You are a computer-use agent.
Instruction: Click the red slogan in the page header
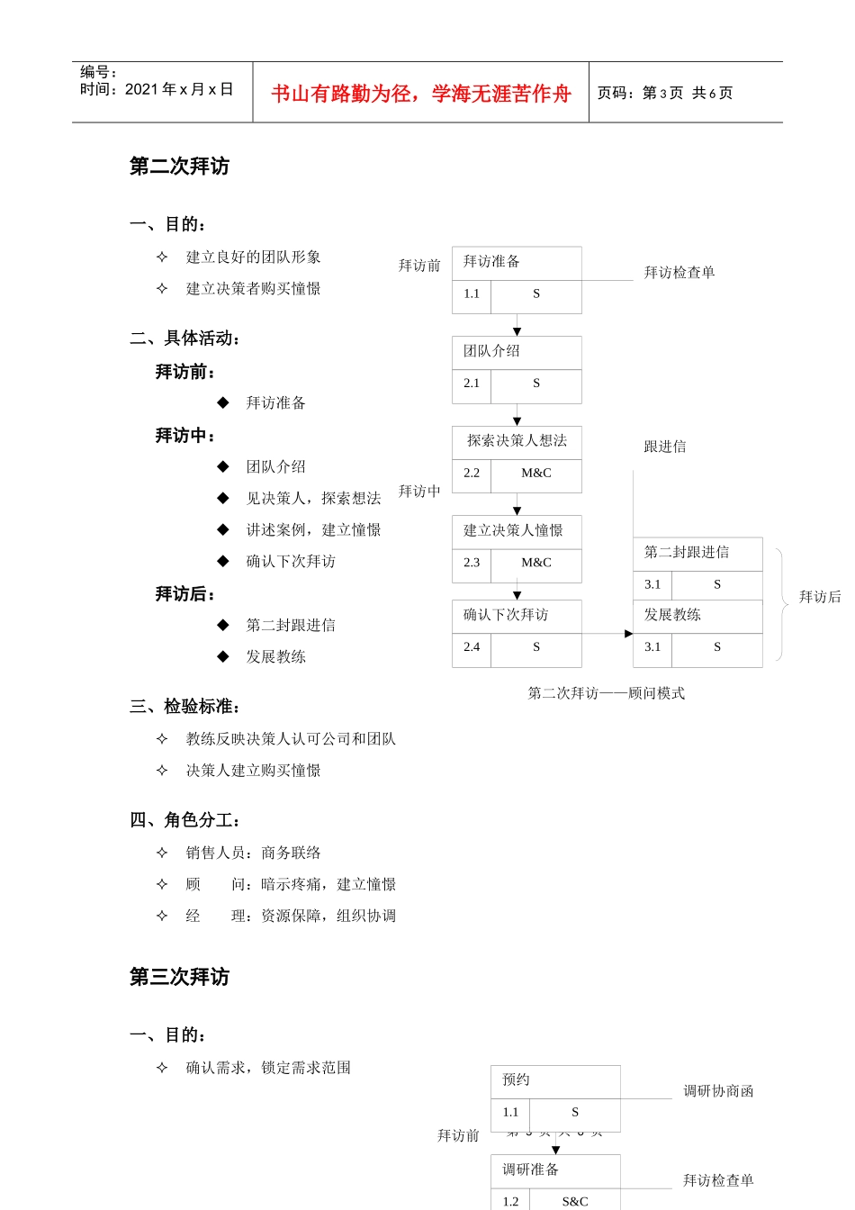420,94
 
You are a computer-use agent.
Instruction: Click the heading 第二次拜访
179,167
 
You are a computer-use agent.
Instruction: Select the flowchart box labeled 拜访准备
516,262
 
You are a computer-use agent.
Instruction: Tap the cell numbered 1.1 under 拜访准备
472,294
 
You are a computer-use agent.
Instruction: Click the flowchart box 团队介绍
516,351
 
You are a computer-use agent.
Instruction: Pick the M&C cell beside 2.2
536,474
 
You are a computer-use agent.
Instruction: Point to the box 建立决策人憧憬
516,531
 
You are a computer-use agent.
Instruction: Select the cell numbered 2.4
472,647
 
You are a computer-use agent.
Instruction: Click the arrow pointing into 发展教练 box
627,634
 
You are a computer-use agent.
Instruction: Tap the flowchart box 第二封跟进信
697,553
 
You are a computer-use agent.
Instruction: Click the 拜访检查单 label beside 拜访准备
679,273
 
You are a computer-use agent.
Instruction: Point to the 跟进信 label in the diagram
665,447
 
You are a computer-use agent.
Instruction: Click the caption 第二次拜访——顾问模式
606,693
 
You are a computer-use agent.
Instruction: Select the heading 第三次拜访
179,977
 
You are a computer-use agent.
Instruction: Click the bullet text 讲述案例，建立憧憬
313,530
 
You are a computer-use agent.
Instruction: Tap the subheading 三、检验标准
184,707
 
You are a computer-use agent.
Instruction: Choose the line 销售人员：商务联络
253,853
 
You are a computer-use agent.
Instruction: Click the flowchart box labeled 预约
554,1080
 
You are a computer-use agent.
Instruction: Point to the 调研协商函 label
718,1091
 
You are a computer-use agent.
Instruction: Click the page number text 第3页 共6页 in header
665,94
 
